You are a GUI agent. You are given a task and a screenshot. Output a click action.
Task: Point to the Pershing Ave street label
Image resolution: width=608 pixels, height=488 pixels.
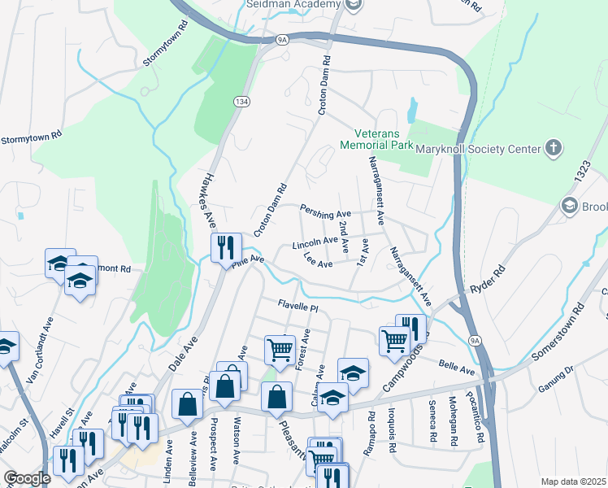[325, 213]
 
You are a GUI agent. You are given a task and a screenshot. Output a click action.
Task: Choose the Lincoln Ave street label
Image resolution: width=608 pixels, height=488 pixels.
[315, 242]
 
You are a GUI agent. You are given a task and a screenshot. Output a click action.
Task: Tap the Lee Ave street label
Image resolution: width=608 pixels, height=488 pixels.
[318, 263]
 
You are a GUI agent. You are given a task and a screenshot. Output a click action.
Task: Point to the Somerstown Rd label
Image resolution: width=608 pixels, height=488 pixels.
[558, 333]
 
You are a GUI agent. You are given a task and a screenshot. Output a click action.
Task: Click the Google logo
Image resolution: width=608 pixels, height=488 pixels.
[27, 478]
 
